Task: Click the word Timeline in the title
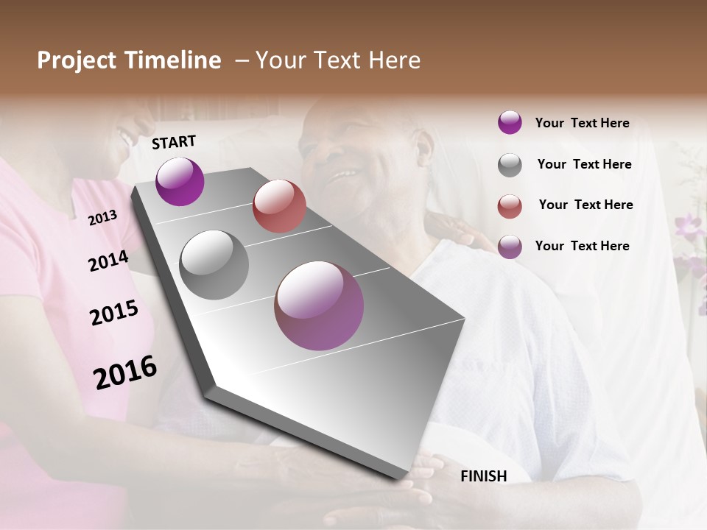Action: (x=172, y=60)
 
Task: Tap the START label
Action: (x=174, y=142)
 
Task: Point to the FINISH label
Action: (x=483, y=476)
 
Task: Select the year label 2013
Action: (x=103, y=217)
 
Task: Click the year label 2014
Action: (x=108, y=261)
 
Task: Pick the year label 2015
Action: (x=114, y=313)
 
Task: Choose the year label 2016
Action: (x=125, y=372)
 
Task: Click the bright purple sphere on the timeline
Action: (x=180, y=181)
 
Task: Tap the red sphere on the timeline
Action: (x=279, y=206)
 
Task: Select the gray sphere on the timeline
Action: (x=214, y=265)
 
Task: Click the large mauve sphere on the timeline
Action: (x=319, y=305)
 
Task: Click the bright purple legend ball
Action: (x=510, y=123)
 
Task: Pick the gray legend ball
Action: (x=510, y=165)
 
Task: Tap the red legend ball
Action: (x=510, y=206)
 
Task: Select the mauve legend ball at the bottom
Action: (x=510, y=247)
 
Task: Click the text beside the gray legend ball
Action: (x=584, y=164)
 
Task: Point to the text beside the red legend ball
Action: (x=585, y=205)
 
